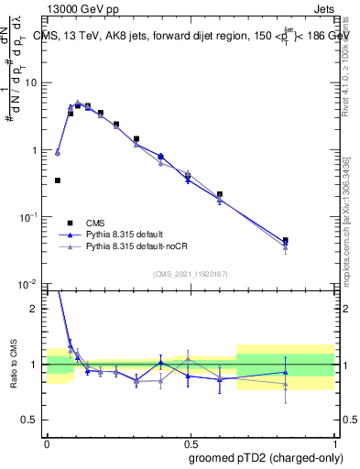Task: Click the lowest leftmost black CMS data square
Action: pyautogui.click(x=58, y=180)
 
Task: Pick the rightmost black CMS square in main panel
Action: pyautogui.click(x=286, y=240)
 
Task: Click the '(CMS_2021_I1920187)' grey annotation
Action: pyautogui.click(x=190, y=275)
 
